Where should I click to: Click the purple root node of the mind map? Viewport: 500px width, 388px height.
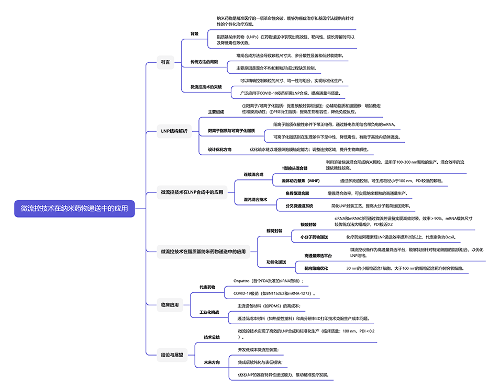75,208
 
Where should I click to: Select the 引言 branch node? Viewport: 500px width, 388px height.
165,62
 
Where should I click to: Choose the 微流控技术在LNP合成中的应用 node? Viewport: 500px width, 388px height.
192,192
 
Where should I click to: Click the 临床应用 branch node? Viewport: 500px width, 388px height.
170,304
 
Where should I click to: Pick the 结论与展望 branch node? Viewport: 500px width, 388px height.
172,355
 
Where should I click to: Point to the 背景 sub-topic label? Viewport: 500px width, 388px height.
194,33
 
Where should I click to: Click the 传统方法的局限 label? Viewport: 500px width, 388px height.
204,62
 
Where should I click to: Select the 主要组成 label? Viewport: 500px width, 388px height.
216,112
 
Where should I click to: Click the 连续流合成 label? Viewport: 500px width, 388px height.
253,174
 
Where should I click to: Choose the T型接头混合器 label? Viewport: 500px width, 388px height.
295,168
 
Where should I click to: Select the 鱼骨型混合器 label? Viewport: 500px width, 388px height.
297,193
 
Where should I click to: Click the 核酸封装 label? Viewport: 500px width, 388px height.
308,224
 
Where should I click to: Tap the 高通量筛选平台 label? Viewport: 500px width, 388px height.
318,256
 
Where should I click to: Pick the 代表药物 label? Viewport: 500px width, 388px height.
207,287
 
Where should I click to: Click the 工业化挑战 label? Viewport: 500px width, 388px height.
209,312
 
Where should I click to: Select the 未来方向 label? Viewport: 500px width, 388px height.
212,362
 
